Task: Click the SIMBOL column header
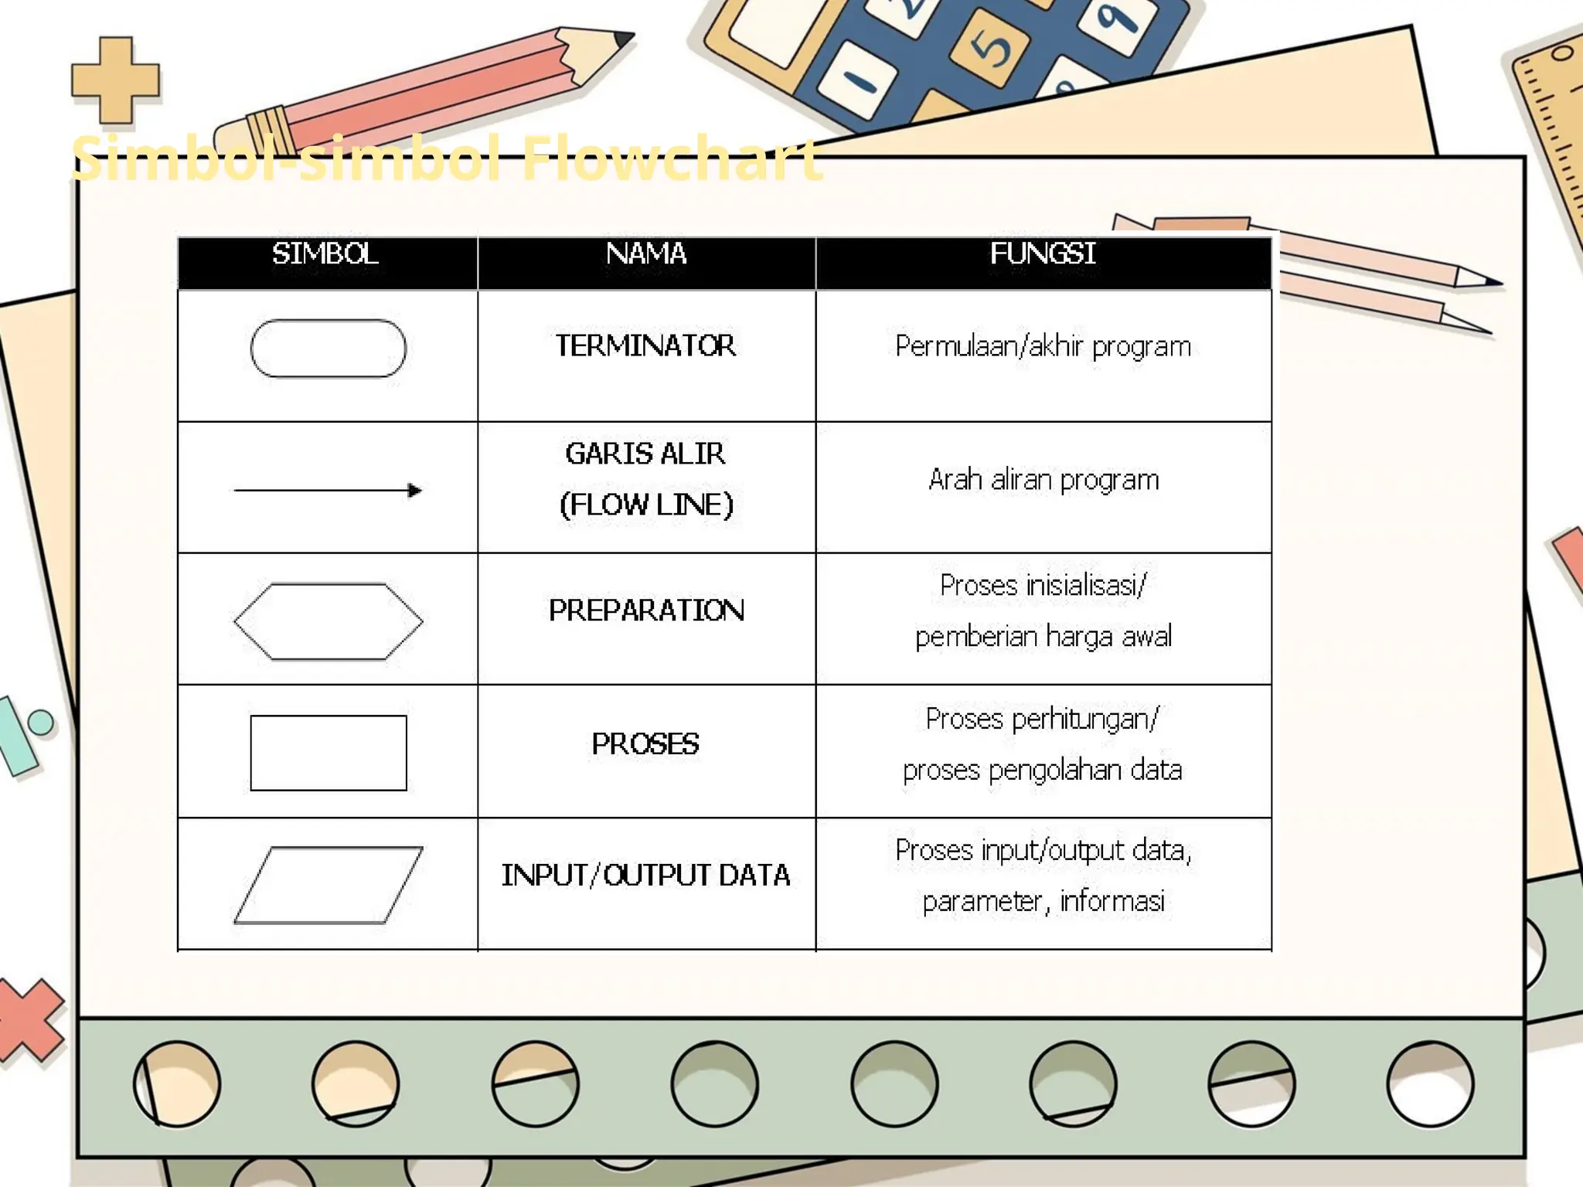(325, 254)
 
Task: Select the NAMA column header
(646, 254)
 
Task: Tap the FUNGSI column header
(1043, 254)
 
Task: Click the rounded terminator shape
(328, 349)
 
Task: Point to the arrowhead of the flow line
(415, 491)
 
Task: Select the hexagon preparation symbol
(328, 621)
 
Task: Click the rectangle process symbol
(328, 753)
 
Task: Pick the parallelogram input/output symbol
(328, 885)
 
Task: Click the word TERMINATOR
(645, 346)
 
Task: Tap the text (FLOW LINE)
(646, 505)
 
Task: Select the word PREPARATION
(646, 611)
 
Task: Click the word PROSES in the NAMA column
(645, 744)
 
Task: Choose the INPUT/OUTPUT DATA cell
(645, 876)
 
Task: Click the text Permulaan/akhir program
(1043, 347)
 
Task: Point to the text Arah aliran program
(1043, 480)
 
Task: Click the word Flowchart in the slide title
(671, 159)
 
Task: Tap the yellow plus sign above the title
(116, 80)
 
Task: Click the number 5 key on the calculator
(990, 49)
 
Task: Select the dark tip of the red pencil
(623, 39)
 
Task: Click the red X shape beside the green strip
(29, 1019)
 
